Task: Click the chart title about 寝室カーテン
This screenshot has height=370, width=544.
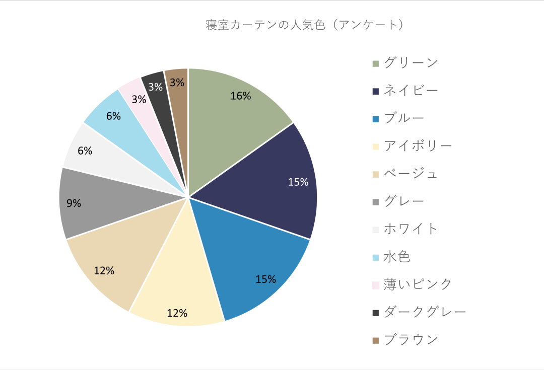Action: pyautogui.click(x=305, y=25)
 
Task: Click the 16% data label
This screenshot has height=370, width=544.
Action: pyautogui.click(x=241, y=96)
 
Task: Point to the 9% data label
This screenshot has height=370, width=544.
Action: pyautogui.click(x=74, y=203)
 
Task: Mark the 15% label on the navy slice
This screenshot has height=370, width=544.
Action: pyautogui.click(x=298, y=182)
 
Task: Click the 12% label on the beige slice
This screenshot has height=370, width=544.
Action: pyautogui.click(x=104, y=270)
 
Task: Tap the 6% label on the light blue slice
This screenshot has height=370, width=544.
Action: pyautogui.click(x=113, y=116)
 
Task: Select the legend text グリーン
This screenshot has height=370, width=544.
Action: pyautogui.click(x=411, y=63)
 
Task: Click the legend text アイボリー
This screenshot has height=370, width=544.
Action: pyautogui.click(x=418, y=146)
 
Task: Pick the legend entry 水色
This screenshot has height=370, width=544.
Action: pyautogui.click(x=397, y=257)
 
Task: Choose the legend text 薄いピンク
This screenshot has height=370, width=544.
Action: pyautogui.click(x=418, y=284)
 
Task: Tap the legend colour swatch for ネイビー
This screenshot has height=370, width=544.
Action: pyautogui.click(x=375, y=91)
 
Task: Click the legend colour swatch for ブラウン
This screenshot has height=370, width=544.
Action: pyautogui.click(x=375, y=341)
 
